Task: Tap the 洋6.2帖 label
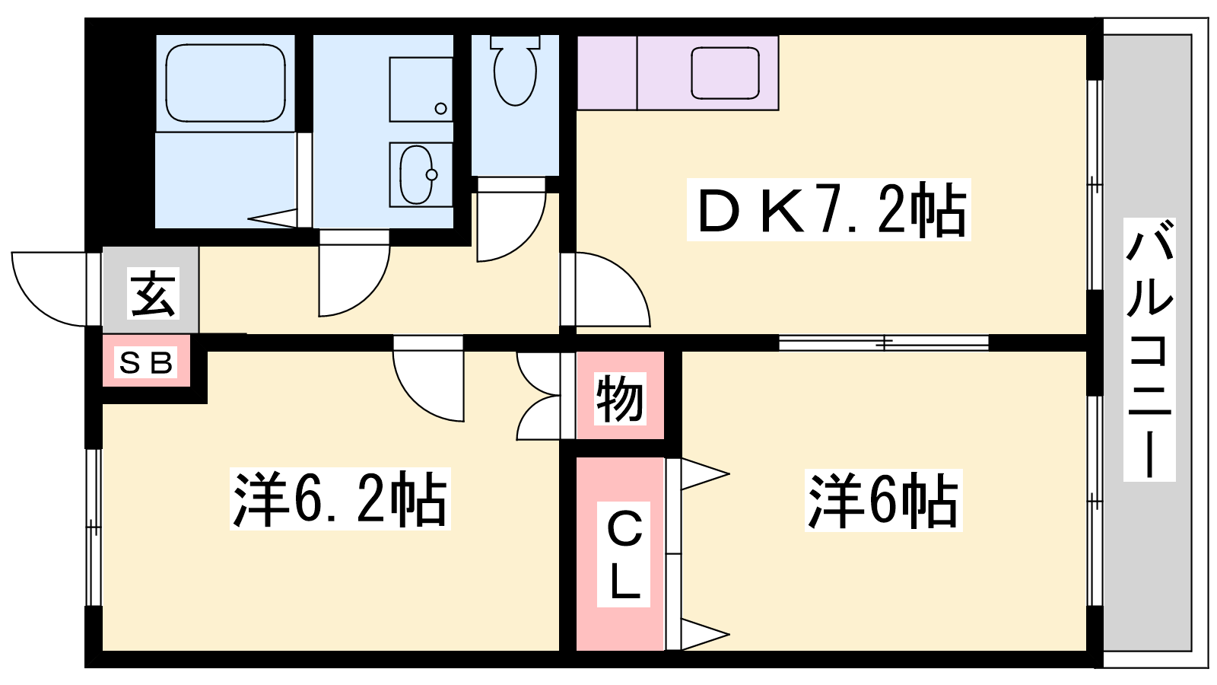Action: point(340,499)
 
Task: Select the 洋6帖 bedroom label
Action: point(883,501)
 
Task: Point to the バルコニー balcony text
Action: point(1149,349)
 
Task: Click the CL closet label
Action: point(624,554)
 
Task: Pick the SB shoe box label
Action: point(145,362)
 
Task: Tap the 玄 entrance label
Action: point(154,293)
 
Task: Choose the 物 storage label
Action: point(619,399)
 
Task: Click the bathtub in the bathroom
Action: point(225,83)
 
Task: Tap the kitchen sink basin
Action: point(726,73)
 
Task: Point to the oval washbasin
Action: point(418,174)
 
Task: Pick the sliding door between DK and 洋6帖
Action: point(883,343)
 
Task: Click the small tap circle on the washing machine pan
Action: point(441,108)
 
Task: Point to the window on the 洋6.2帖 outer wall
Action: point(94,527)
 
